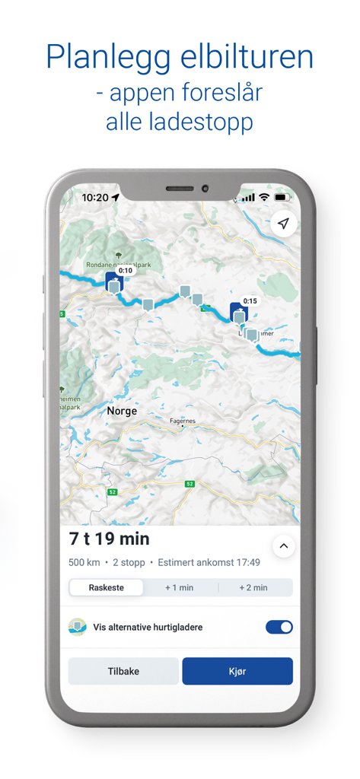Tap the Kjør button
237,671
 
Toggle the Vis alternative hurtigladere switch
279,627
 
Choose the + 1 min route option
180,587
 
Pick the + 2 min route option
253,587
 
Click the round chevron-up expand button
283,546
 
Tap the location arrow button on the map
283,224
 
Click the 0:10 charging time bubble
126,270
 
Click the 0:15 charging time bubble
250,300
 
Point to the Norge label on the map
122,411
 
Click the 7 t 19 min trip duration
110,539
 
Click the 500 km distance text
84,563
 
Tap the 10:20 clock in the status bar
95,197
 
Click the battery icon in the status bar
282,197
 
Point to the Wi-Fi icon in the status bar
264,197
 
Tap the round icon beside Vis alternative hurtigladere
78,627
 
